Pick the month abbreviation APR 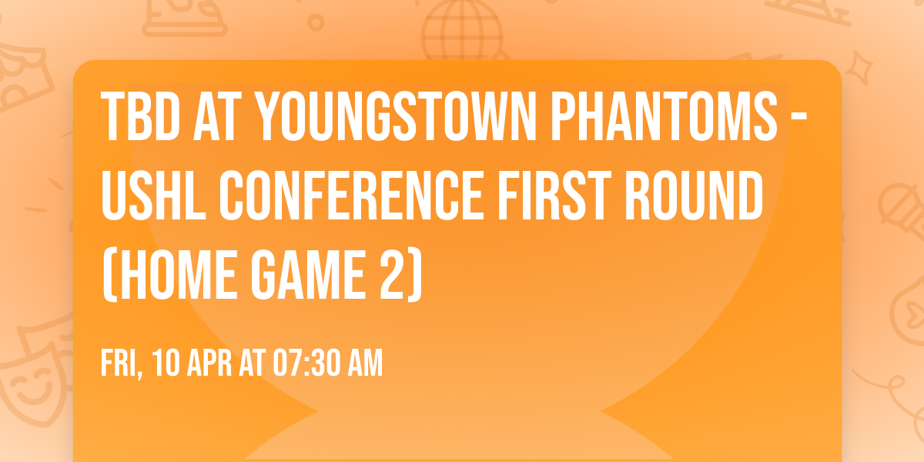[x=212, y=363]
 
